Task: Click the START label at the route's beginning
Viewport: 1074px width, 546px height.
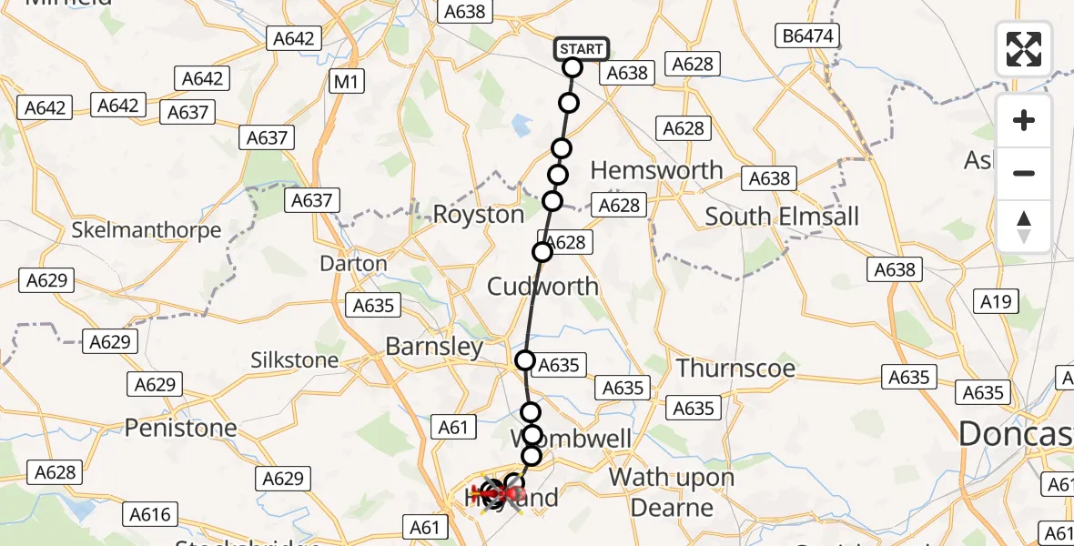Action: (581, 48)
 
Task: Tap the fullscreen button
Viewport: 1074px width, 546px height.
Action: (1024, 48)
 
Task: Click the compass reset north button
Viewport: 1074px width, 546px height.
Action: (1024, 227)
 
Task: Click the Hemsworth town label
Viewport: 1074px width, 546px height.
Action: (656, 170)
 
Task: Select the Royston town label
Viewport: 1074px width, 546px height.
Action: (479, 215)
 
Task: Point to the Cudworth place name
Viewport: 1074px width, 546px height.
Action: (543, 287)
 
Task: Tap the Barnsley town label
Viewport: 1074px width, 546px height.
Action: (434, 347)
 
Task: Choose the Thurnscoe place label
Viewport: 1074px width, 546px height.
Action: (735, 369)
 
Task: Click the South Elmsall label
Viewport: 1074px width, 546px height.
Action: (782, 217)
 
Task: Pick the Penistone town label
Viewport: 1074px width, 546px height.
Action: (180, 427)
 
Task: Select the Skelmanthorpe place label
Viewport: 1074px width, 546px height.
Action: (147, 230)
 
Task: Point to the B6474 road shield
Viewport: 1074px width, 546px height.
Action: (805, 36)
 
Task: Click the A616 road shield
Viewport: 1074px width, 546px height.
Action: (149, 515)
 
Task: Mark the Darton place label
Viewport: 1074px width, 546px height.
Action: (353, 264)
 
